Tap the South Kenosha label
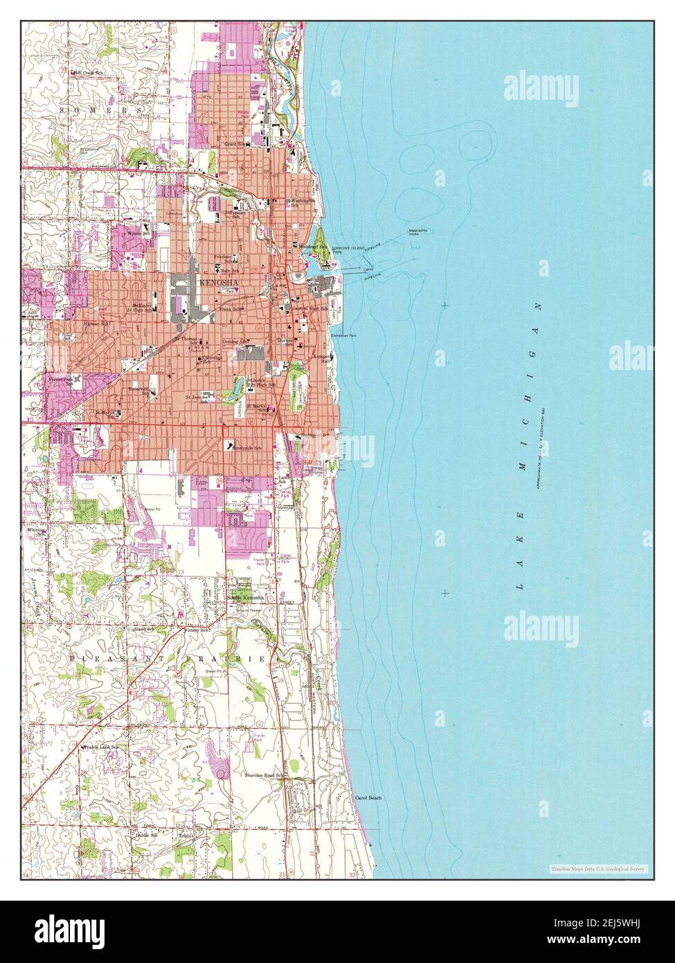pyautogui.click(x=244, y=598)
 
